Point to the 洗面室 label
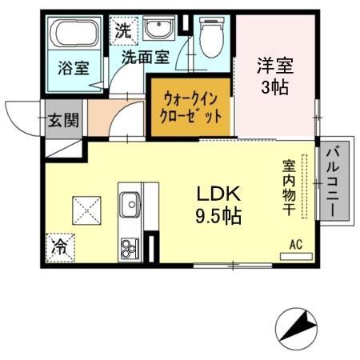pyautogui.click(x=146, y=58)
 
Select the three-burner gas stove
pyautogui.click(x=129, y=247)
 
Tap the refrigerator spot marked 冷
pyautogui.click(x=60, y=247)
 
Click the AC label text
pyautogui.click(x=295, y=245)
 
